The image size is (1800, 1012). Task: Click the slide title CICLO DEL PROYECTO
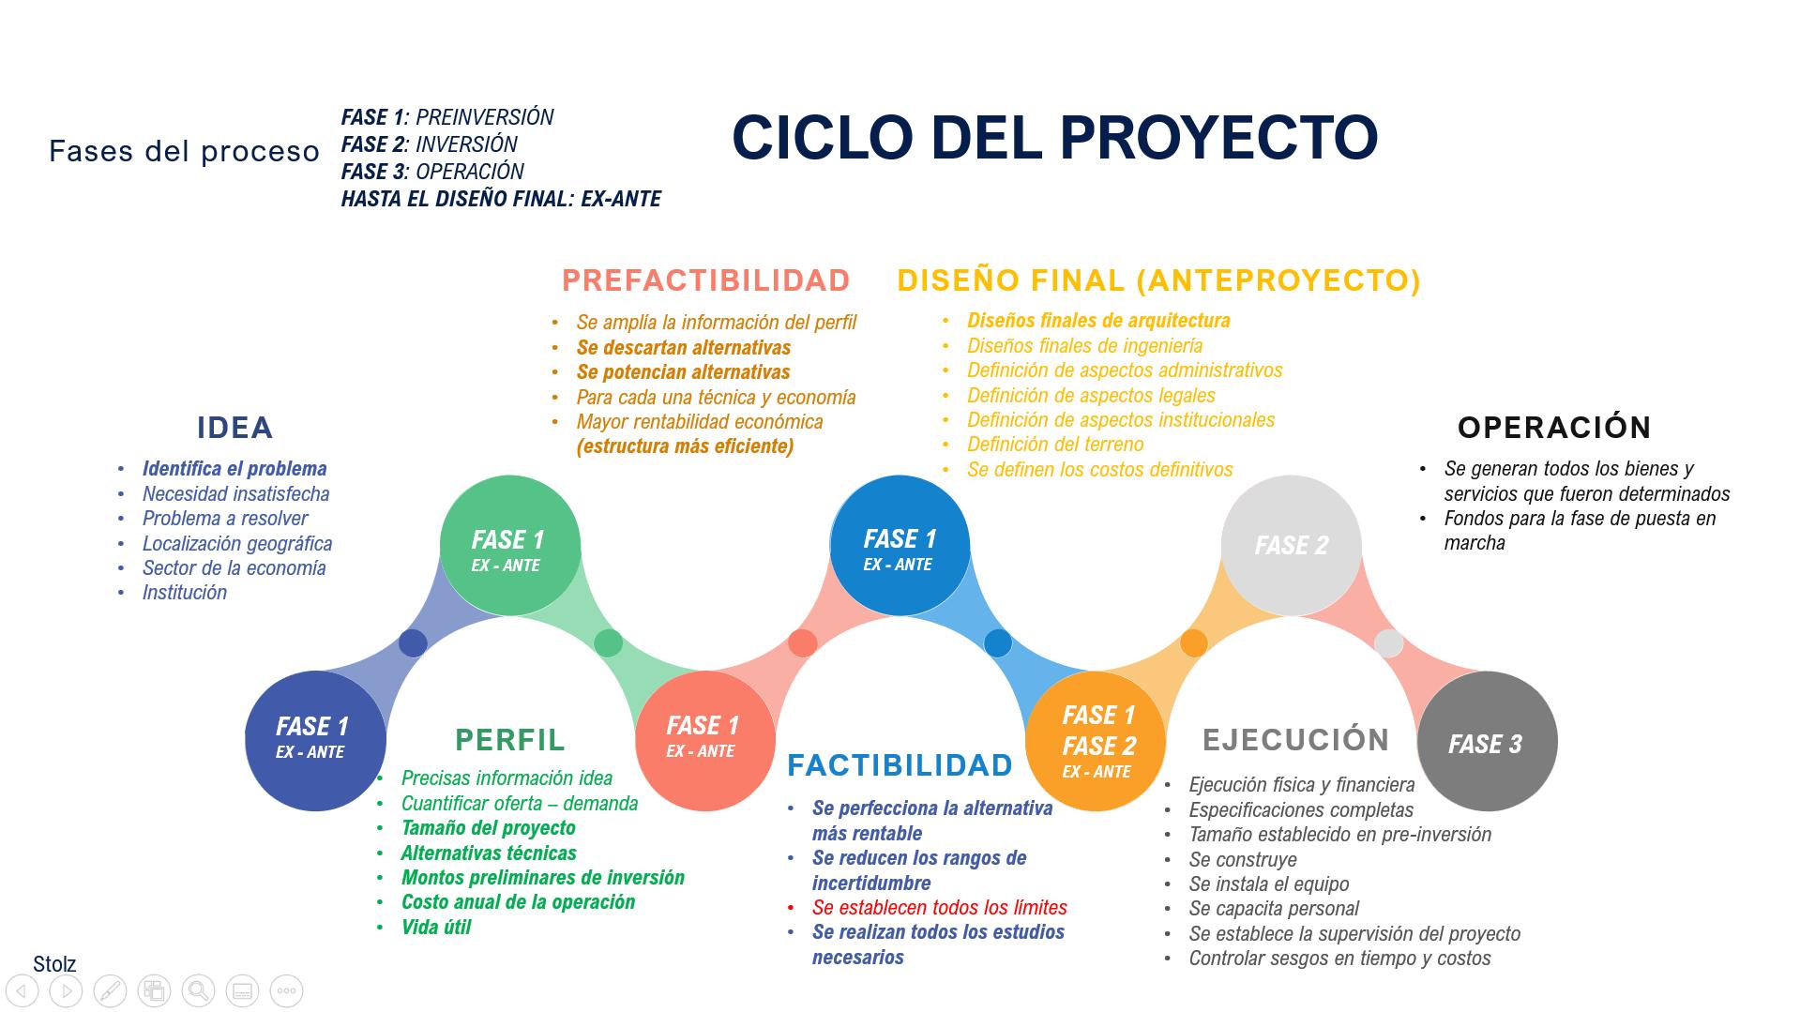click(x=1054, y=137)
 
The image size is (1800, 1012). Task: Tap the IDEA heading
click(x=234, y=428)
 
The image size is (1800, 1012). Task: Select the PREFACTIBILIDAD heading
click(x=705, y=280)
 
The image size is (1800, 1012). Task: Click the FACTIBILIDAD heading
click(x=900, y=765)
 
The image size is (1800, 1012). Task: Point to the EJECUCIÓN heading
click(x=1295, y=739)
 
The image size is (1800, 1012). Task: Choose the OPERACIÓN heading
click(x=1554, y=428)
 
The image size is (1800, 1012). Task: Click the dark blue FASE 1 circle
click(x=315, y=741)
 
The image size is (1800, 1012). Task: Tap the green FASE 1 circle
click(x=510, y=546)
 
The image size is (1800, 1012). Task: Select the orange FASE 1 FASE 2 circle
click(x=1096, y=741)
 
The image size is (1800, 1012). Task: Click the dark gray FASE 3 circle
click(x=1487, y=741)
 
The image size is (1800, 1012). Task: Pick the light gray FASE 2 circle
click(x=1291, y=546)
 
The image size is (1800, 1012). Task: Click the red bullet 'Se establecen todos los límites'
click(x=939, y=908)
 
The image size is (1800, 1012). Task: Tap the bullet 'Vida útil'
click(x=436, y=927)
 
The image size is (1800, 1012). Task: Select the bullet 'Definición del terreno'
click(x=1055, y=445)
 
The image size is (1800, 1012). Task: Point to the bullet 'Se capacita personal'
click(x=1274, y=909)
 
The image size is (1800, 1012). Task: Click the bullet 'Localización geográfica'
click(x=237, y=544)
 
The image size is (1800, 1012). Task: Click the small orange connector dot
click(x=1193, y=643)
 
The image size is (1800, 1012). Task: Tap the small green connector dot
click(x=608, y=643)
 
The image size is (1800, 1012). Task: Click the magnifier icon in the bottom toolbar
click(x=198, y=990)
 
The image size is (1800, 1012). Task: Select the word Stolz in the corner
click(x=54, y=964)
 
